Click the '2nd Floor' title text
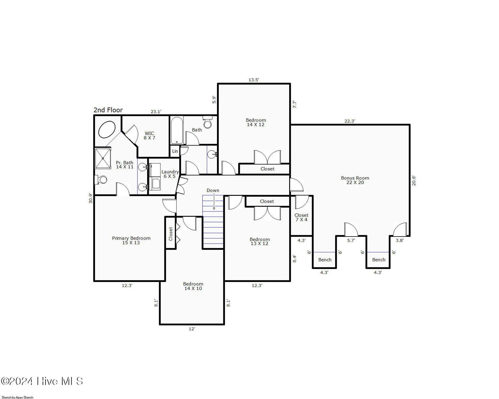(108, 110)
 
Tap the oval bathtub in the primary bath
(107, 130)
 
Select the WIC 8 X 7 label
(149, 136)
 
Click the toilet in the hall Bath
(207, 122)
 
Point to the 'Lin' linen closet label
(175, 151)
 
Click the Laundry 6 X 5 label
(170, 174)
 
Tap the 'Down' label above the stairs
(213, 190)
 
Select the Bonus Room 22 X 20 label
(355, 180)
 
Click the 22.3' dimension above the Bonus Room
(349, 121)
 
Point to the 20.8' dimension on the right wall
(413, 180)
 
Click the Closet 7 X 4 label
(301, 217)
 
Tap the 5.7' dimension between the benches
(351, 240)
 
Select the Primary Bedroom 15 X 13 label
(131, 240)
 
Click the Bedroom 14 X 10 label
(193, 286)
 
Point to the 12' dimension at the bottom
(192, 329)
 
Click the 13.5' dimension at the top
(254, 80)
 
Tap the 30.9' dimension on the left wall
(91, 198)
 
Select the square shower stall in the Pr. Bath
(103, 159)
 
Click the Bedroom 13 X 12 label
(259, 241)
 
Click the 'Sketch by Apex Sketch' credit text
(18, 397)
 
